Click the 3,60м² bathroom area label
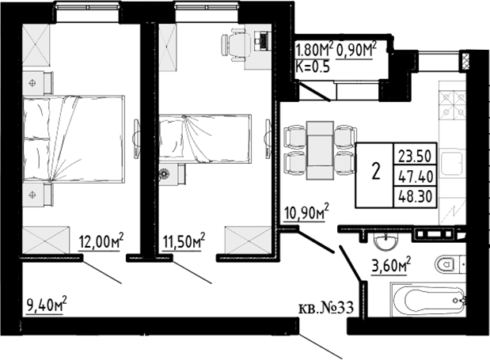[392, 263]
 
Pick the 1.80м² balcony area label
[313, 51]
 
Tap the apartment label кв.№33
[325, 309]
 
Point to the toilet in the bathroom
[447, 263]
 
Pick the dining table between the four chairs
[320, 150]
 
